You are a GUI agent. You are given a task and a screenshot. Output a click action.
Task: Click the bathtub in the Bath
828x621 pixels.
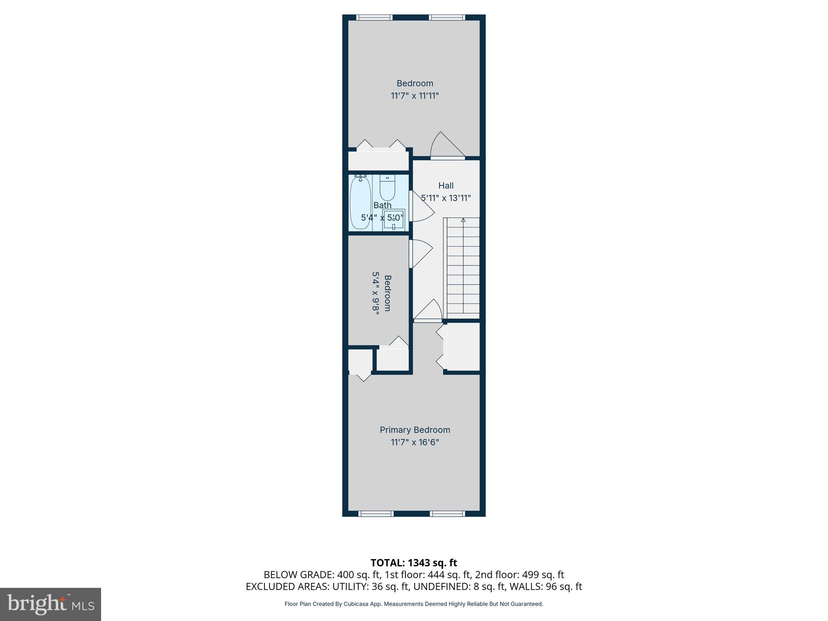click(x=360, y=203)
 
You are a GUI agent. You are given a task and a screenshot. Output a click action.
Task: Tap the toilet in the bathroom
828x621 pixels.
click(x=387, y=189)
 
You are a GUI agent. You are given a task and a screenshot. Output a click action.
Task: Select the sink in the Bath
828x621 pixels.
click(x=393, y=220)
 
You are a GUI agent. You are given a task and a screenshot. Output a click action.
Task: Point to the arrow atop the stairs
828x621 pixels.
click(x=463, y=220)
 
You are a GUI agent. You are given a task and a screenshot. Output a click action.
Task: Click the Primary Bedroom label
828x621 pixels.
click(x=415, y=430)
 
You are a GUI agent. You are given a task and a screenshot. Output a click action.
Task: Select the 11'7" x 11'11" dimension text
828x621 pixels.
click(x=415, y=96)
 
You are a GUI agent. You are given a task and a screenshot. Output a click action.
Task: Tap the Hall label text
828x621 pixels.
click(x=446, y=186)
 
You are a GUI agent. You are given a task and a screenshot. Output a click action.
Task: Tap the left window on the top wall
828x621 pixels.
click(x=374, y=17)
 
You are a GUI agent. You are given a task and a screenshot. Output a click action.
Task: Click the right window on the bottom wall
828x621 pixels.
click(x=447, y=514)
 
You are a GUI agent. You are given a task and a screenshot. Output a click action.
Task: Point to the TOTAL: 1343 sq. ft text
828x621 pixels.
click(x=414, y=562)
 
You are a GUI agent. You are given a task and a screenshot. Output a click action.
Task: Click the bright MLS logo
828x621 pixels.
click(x=51, y=604)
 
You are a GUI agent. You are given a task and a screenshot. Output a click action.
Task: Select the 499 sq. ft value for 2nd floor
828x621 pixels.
click(x=543, y=575)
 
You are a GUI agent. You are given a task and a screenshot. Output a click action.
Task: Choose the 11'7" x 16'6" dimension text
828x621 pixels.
click(x=415, y=442)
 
